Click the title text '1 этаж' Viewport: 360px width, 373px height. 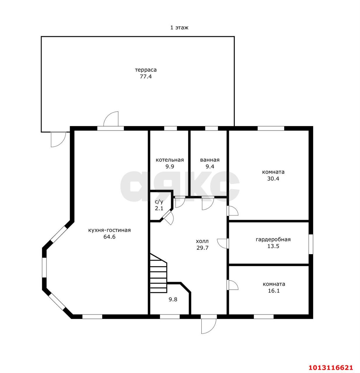pyautogui.click(x=179, y=28)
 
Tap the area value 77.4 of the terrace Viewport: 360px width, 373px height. pyautogui.click(x=146, y=76)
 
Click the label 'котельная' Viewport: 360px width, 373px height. pyautogui.click(x=169, y=160)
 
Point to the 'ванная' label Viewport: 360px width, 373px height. pyautogui.click(x=210, y=160)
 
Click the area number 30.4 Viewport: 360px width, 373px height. pyautogui.click(x=273, y=179)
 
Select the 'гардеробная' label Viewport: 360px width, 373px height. pyautogui.click(x=273, y=240)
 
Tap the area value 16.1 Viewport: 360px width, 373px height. pyautogui.click(x=274, y=291)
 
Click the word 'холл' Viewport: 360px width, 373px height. pyautogui.click(x=202, y=241)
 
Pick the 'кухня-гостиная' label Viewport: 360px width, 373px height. pyautogui.click(x=109, y=230)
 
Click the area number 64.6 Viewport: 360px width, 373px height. pyautogui.click(x=109, y=237)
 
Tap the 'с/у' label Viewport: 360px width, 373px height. pyautogui.click(x=159, y=202)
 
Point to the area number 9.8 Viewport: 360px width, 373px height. pyautogui.click(x=173, y=299)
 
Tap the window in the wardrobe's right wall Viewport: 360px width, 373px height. pyautogui.click(x=311, y=244)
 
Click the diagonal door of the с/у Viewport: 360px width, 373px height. pyautogui.click(x=168, y=218)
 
